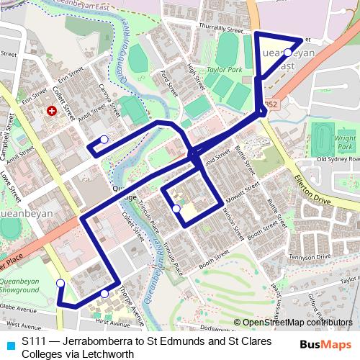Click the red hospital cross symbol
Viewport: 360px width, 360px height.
coord(51,112)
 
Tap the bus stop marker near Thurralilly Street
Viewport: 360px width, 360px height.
coord(287,53)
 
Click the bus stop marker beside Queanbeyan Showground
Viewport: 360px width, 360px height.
coord(60,283)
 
